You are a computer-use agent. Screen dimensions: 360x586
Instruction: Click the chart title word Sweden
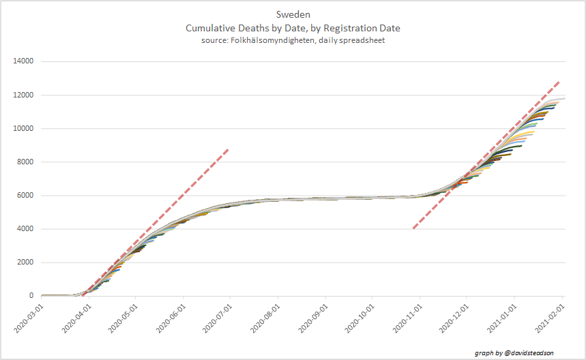[293, 14]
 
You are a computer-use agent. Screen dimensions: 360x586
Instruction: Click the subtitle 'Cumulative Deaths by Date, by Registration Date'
[293, 28]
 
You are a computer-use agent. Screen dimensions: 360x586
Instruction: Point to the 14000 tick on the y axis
[24, 62]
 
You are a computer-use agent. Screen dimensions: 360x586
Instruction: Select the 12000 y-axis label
[24, 95]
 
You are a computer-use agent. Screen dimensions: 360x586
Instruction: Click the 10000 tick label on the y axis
[24, 129]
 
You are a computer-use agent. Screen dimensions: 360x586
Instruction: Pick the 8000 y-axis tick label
[26, 162]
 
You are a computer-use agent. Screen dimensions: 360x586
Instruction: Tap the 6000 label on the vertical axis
[26, 196]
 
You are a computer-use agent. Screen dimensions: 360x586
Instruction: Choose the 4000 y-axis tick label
[26, 229]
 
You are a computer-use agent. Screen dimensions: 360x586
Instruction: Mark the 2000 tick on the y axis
[26, 262]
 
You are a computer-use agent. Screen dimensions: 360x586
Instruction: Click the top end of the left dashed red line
[228, 149]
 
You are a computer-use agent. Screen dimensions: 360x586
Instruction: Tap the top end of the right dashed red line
[559, 81]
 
